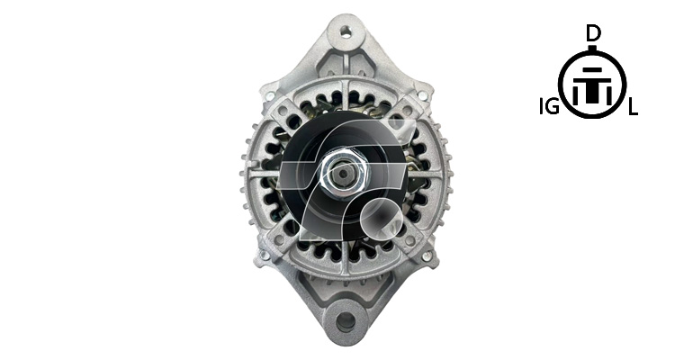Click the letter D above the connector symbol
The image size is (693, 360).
click(593, 33)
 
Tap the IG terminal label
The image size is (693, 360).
click(549, 107)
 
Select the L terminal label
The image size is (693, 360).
click(633, 107)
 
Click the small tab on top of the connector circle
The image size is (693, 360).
click(593, 48)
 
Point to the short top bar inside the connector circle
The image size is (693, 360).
click(592, 70)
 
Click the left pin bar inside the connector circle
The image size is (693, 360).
click(576, 95)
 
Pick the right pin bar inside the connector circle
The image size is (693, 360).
click(609, 95)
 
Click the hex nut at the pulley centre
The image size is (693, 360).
click(344, 174)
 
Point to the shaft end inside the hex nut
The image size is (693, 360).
click(344, 174)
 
